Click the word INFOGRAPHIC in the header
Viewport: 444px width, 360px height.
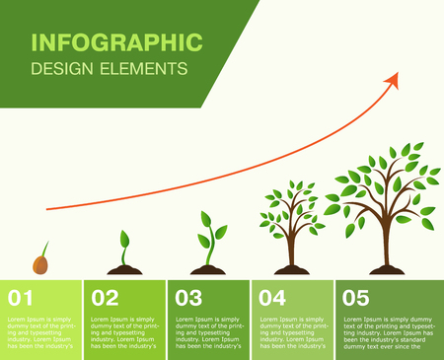(x=116, y=41)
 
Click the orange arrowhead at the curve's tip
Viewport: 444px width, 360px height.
(x=392, y=80)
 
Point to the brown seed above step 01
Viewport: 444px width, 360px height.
(x=41, y=262)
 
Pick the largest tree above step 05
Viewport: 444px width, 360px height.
(x=385, y=192)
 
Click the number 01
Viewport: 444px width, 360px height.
(x=21, y=297)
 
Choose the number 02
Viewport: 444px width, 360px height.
(x=105, y=297)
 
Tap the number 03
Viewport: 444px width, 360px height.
(x=188, y=297)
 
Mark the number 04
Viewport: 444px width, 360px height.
(x=272, y=297)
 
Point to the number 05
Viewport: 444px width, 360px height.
(x=356, y=297)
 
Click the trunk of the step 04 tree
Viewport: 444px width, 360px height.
(x=291, y=252)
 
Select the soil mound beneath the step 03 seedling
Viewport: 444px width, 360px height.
(x=208, y=270)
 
